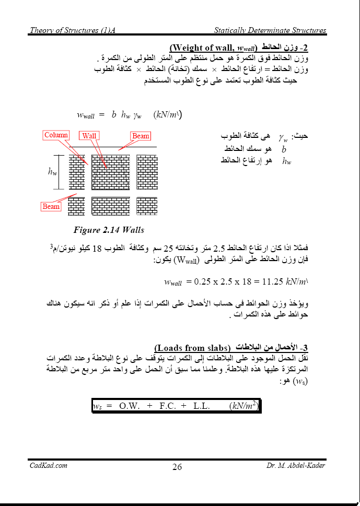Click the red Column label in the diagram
[56, 135]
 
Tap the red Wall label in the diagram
[89, 136]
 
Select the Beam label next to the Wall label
[141, 136]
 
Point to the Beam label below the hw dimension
[51, 206]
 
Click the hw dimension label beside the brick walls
[52, 172]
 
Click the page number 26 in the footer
[177, 467]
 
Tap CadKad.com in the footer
[49, 465]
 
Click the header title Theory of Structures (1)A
[72, 31]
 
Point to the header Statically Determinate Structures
[270, 31]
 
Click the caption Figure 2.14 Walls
[109, 230]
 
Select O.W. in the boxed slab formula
[130, 406]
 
